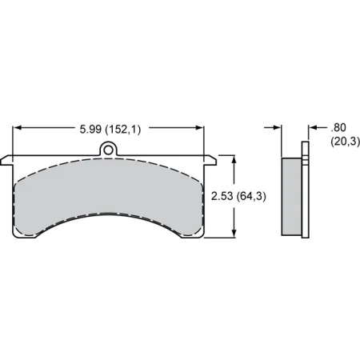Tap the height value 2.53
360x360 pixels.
coord(221,195)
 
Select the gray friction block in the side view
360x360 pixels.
coord(291,196)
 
